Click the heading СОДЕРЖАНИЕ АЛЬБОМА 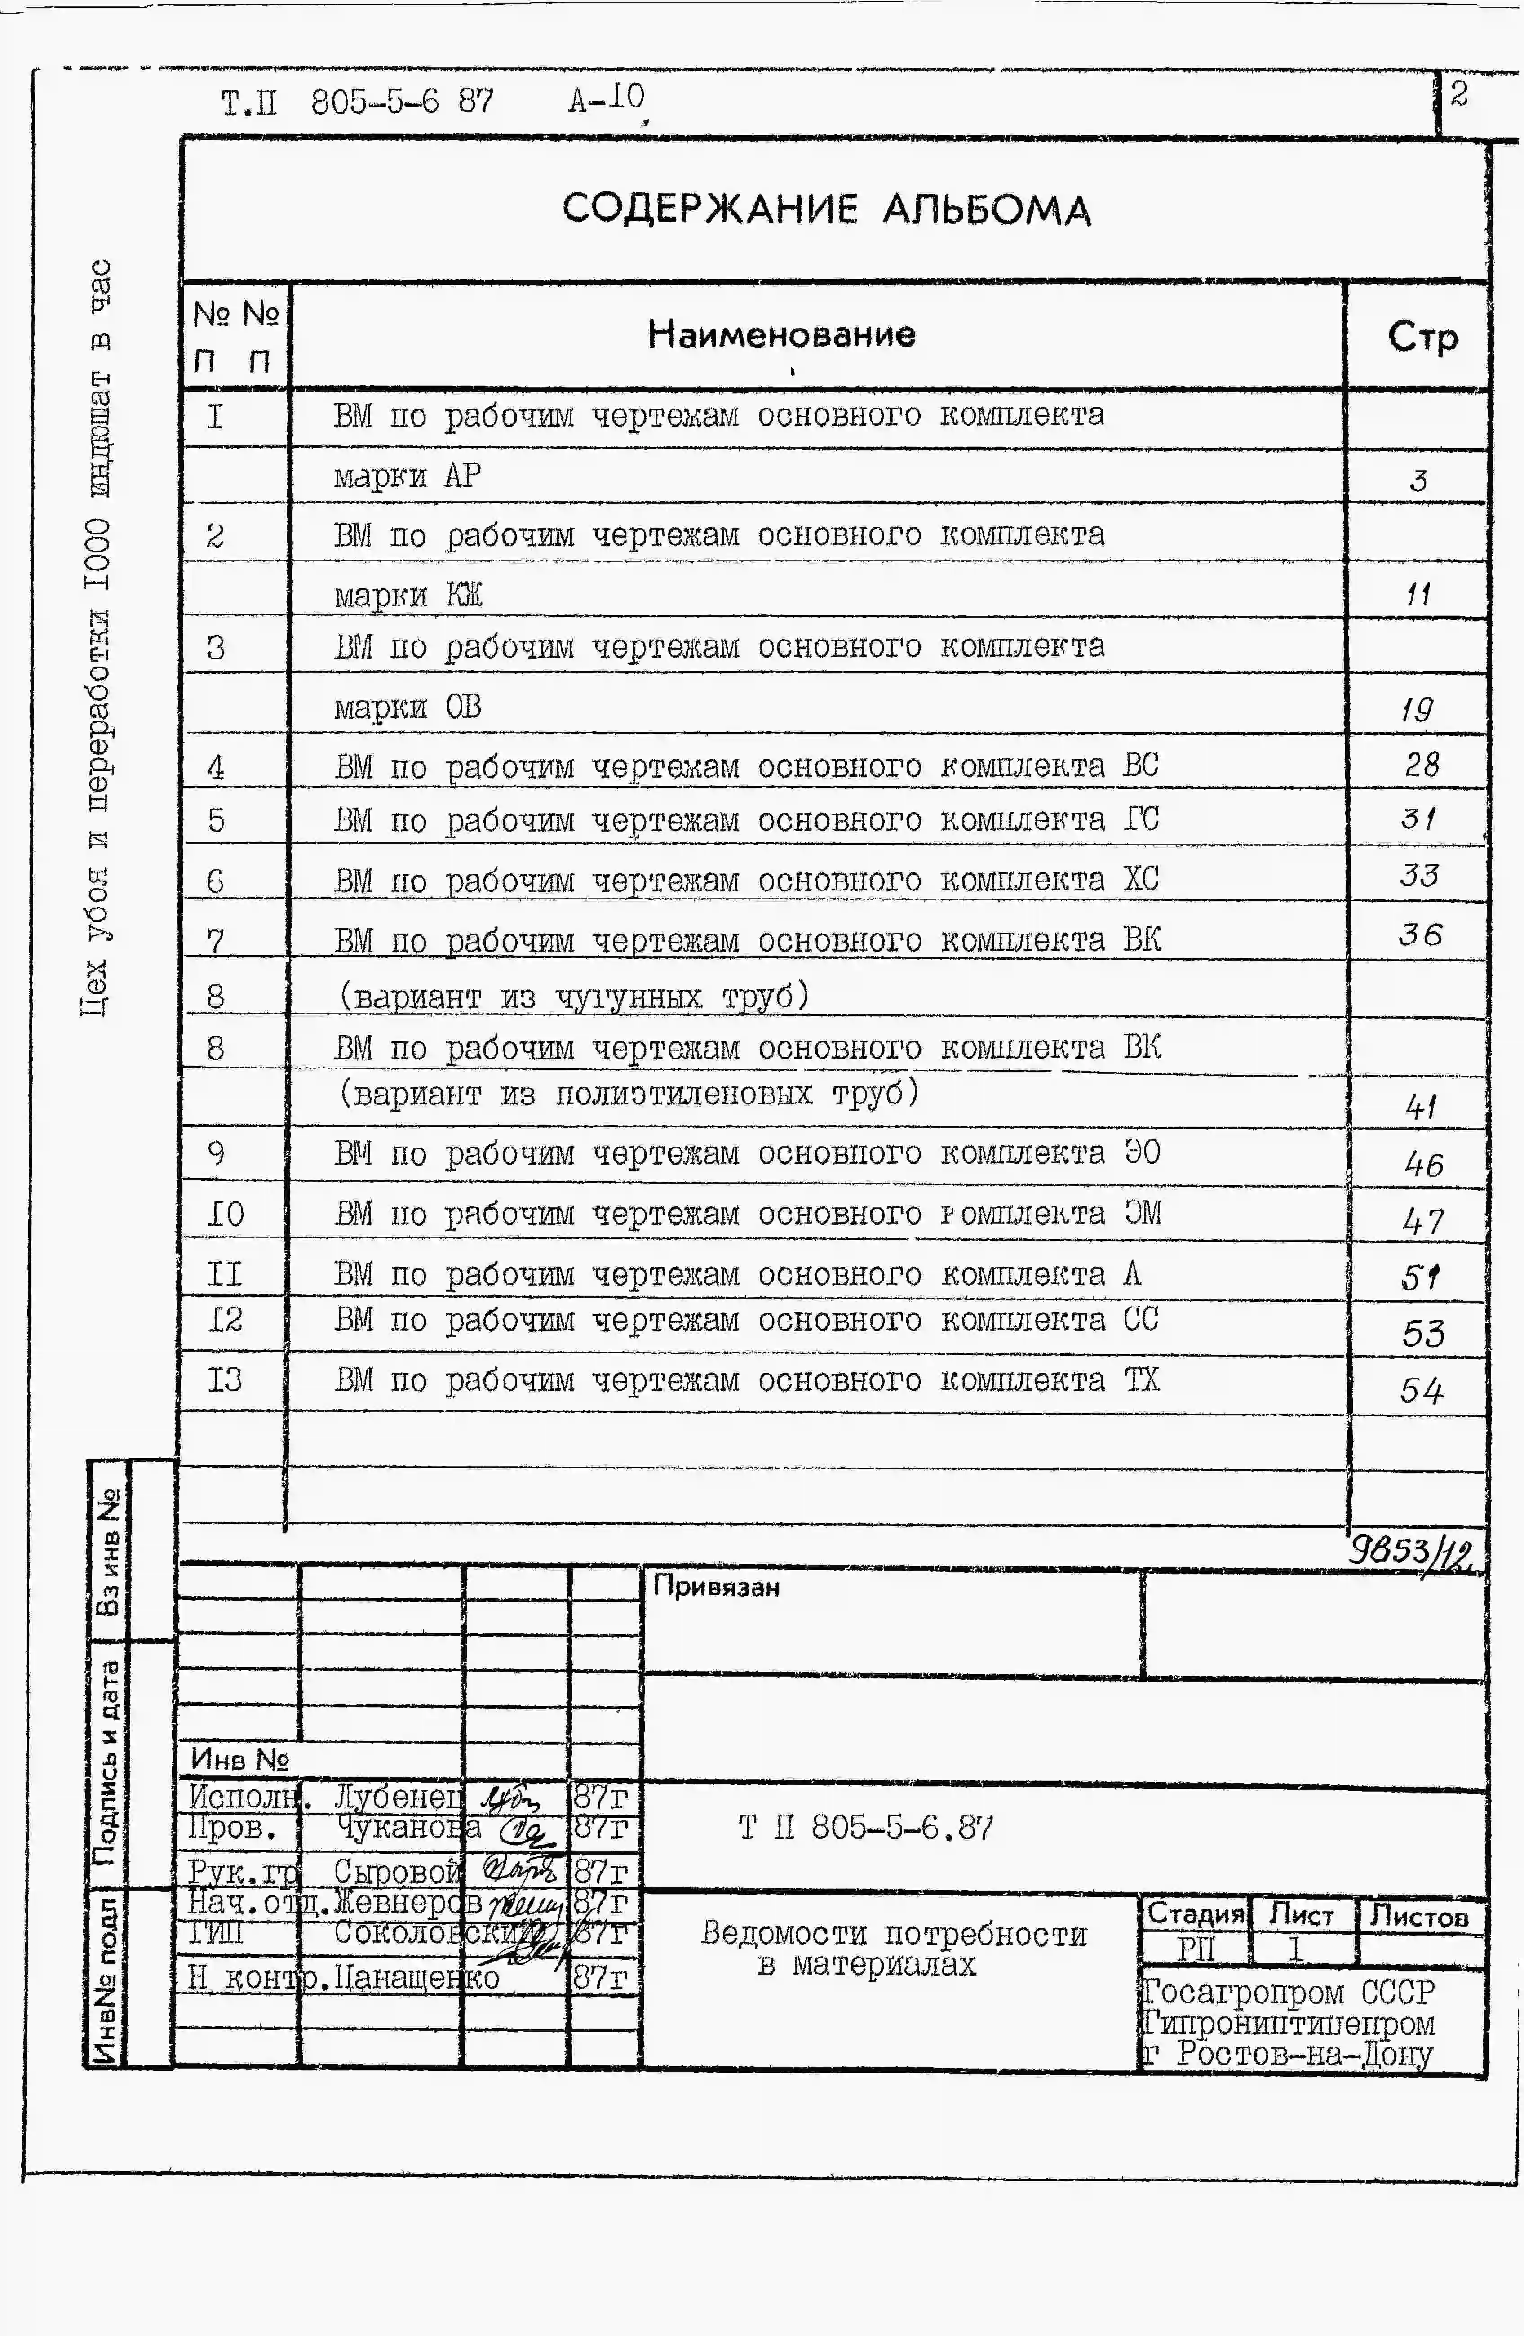point(826,209)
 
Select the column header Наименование point(781,335)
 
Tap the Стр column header point(1422,337)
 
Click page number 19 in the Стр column point(1417,707)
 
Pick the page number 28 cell point(1421,764)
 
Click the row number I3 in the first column point(225,1380)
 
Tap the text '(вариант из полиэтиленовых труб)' point(628,1092)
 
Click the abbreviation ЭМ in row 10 point(1142,1213)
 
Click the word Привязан point(715,1587)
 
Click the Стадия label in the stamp point(1195,1913)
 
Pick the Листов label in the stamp point(1419,1915)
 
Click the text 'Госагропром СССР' point(1288,1993)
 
